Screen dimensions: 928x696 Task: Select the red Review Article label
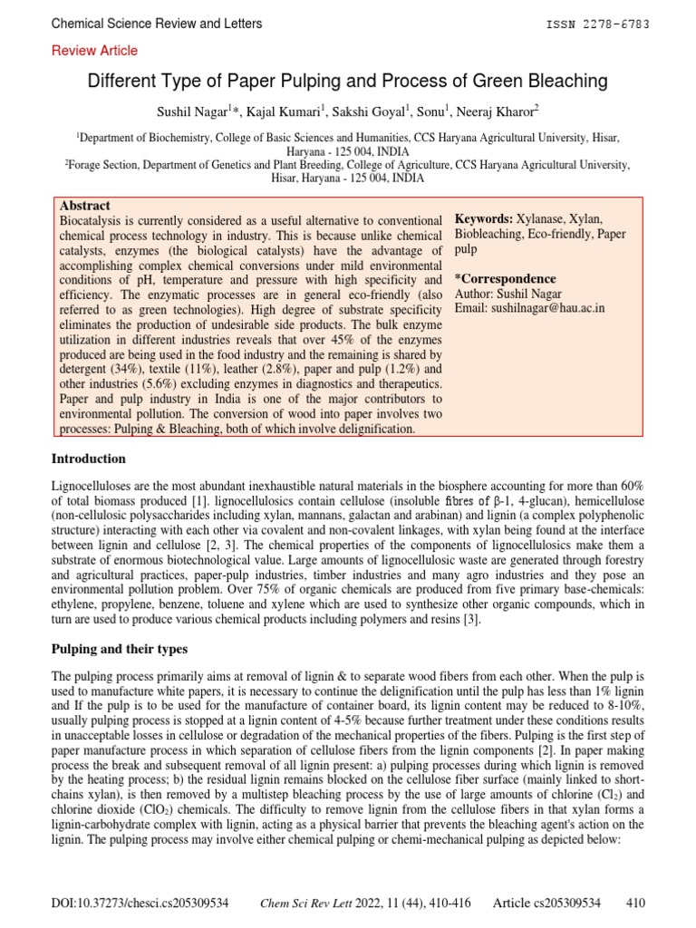pyautogui.click(x=95, y=51)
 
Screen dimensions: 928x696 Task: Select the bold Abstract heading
pyautogui.click(x=84, y=206)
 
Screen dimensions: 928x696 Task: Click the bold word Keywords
pyautogui.click(x=483, y=219)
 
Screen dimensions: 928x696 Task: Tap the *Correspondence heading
pyautogui.click(x=505, y=279)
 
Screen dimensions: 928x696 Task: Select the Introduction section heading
pyautogui.click(x=89, y=459)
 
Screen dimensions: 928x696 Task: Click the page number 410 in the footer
pyautogui.click(x=635, y=903)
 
